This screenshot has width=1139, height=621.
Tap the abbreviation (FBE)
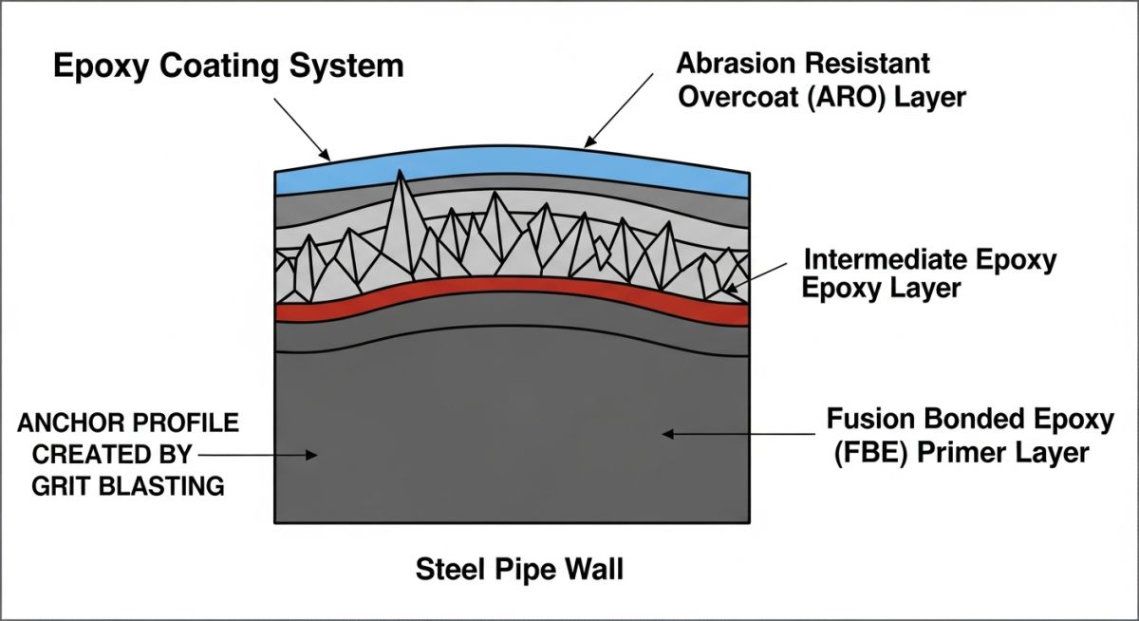tap(865, 453)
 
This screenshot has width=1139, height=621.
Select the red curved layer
tap(513, 290)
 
